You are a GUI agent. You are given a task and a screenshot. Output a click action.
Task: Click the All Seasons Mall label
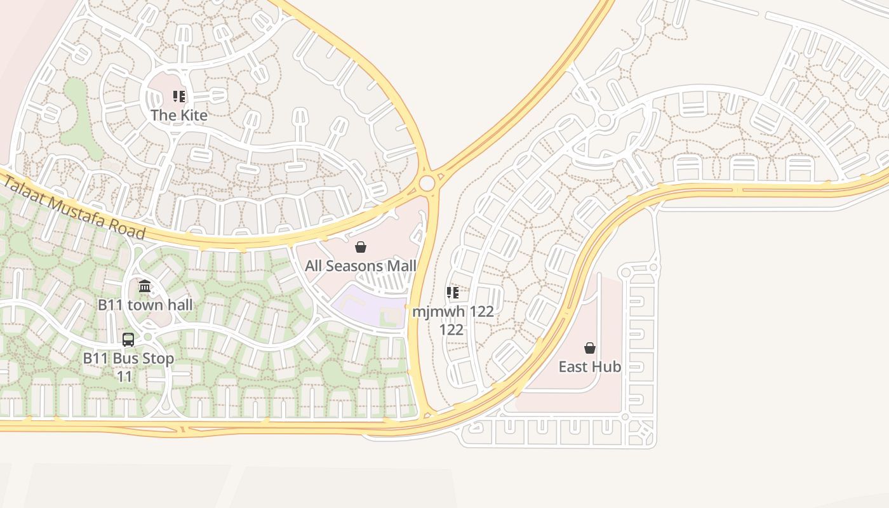361,265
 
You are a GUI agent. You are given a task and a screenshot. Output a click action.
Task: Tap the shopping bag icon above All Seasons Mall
361,247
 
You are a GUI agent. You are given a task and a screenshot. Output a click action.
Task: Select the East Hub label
590,366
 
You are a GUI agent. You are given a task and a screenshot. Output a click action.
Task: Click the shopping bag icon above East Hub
590,348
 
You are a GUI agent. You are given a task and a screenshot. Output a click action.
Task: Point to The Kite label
179,115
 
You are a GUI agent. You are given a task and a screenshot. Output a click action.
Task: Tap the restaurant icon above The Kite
179,97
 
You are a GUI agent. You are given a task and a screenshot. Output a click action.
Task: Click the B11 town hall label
145,305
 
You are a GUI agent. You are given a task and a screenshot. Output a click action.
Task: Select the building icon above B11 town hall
145,286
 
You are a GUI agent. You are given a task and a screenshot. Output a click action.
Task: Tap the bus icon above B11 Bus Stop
128,340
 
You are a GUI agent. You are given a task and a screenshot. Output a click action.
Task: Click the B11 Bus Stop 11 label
128,367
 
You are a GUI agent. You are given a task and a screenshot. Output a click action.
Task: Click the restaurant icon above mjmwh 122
453,293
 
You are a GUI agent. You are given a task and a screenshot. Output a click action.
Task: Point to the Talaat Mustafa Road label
75,208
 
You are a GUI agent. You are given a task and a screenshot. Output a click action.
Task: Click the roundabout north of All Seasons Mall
427,184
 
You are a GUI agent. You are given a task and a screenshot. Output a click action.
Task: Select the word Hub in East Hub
607,366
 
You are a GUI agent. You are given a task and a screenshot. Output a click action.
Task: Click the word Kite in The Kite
193,115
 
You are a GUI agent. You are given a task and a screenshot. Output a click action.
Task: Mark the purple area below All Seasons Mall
365,304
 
